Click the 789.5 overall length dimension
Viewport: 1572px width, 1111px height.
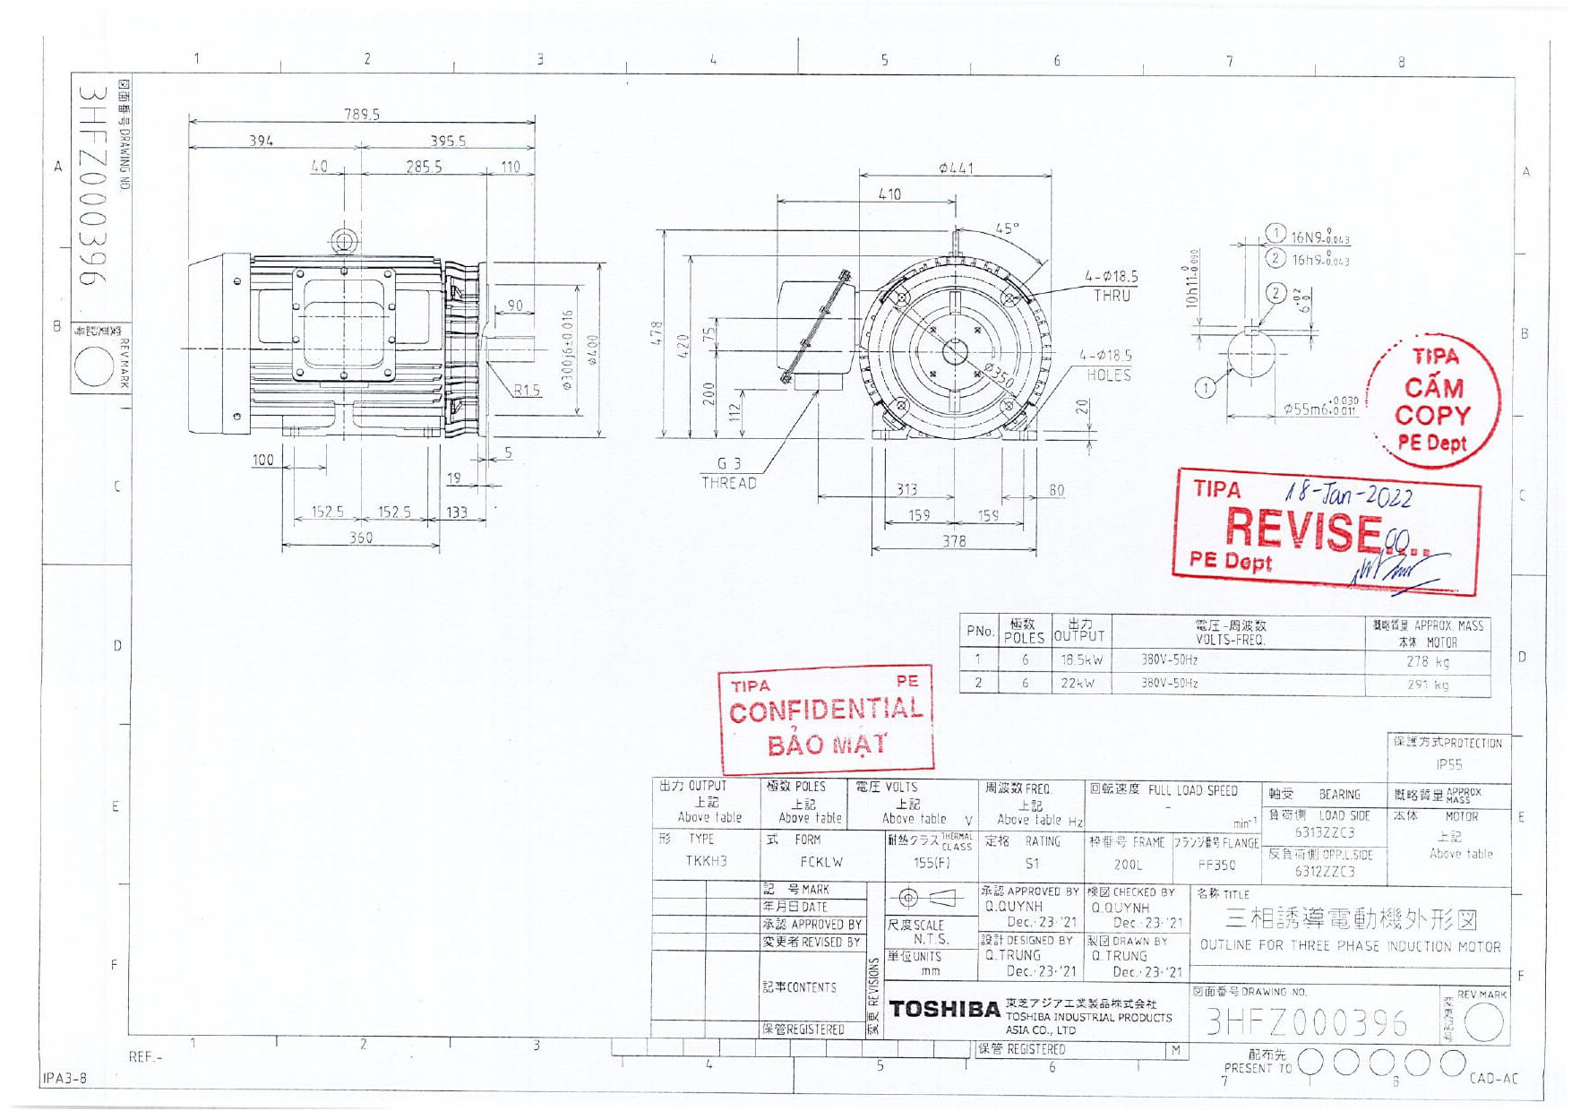click(362, 114)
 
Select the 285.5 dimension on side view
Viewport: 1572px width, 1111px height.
click(424, 167)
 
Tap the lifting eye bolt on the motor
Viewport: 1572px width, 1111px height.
click(344, 240)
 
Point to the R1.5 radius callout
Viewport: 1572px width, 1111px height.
click(527, 390)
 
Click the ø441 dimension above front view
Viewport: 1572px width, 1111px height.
click(956, 168)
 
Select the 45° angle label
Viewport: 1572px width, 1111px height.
click(1008, 228)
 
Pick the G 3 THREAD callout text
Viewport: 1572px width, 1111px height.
click(729, 473)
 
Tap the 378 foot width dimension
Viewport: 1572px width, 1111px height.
click(954, 541)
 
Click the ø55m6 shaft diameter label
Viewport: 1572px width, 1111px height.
click(1320, 409)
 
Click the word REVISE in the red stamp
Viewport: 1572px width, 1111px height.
click(1303, 529)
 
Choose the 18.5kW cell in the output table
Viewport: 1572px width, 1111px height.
click(1081, 659)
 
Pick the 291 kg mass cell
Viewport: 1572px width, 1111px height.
click(1427, 685)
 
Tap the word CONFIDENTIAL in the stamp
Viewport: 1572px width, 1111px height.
click(826, 711)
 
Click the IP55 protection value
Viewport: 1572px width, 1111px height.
click(1448, 764)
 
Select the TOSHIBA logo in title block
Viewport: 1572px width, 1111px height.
click(945, 1010)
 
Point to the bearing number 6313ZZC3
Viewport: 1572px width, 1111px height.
click(1325, 832)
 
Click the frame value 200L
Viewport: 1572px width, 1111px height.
click(1128, 865)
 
